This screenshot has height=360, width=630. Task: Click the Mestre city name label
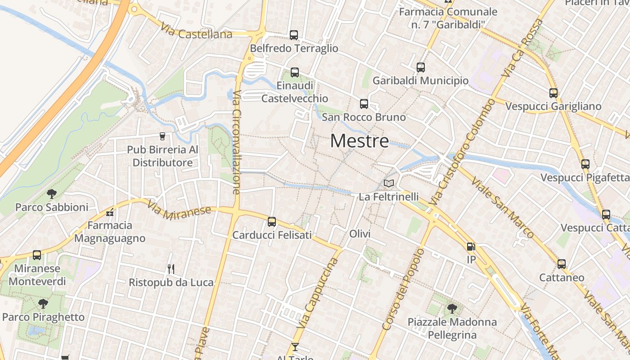click(x=360, y=141)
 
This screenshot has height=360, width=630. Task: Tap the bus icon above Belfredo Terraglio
click(x=294, y=35)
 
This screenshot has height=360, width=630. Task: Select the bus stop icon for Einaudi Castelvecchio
click(x=295, y=72)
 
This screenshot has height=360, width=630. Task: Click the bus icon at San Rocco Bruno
click(x=364, y=104)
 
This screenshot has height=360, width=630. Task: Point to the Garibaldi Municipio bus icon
click(x=421, y=67)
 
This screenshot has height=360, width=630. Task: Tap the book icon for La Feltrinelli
click(x=388, y=183)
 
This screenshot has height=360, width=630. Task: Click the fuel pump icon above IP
click(x=471, y=247)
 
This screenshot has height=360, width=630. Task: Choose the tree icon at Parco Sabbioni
click(x=52, y=194)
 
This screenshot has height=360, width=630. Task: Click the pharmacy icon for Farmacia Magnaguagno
click(x=110, y=212)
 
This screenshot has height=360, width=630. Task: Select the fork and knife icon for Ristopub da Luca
click(x=171, y=269)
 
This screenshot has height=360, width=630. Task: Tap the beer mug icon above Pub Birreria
click(x=162, y=136)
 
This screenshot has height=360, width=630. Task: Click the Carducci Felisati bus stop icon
click(x=272, y=221)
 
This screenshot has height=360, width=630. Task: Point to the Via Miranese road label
click(x=179, y=210)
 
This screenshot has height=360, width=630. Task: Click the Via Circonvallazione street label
click(x=237, y=142)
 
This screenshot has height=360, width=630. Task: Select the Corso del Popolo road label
click(x=403, y=289)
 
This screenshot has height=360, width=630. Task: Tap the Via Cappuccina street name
click(x=321, y=293)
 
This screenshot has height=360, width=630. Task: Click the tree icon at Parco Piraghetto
click(x=43, y=304)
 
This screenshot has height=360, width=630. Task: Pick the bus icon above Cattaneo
click(x=562, y=264)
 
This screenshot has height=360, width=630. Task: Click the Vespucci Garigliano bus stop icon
click(x=553, y=93)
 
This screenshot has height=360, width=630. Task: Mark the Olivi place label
click(x=360, y=234)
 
